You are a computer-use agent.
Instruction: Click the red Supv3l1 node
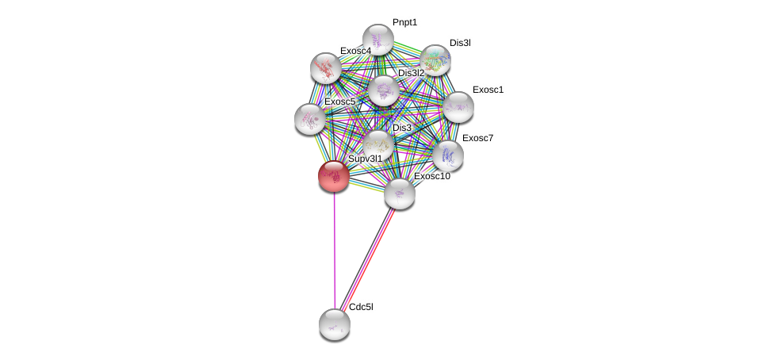(x=334, y=176)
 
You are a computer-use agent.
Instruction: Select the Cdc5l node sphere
(x=335, y=324)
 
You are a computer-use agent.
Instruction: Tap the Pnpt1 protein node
(x=378, y=39)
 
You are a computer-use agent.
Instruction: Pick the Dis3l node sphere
(x=435, y=60)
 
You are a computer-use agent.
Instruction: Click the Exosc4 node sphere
(x=326, y=68)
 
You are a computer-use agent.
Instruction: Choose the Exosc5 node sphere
(x=310, y=120)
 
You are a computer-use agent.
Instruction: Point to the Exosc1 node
(x=458, y=107)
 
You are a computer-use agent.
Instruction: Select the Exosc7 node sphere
(x=448, y=155)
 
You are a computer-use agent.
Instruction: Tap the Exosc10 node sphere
(x=400, y=193)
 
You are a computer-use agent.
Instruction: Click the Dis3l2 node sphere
(x=384, y=91)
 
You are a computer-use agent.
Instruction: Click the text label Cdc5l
(x=362, y=307)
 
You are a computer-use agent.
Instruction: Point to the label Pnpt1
(x=404, y=23)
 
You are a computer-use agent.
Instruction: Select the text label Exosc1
(x=488, y=90)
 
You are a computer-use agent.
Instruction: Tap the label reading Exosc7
(x=478, y=138)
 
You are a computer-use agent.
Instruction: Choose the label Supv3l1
(x=366, y=159)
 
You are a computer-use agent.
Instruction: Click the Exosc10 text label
(x=432, y=176)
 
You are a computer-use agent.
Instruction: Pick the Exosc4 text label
(x=355, y=51)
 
